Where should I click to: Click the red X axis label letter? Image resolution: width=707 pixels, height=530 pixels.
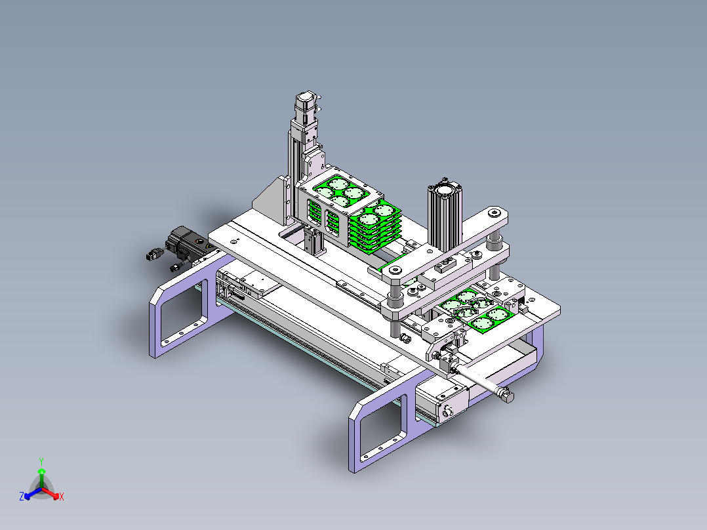pos(62,497)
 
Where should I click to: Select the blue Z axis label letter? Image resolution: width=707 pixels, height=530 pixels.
pos(22,497)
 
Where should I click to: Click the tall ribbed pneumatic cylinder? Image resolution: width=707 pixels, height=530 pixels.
pos(445,216)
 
